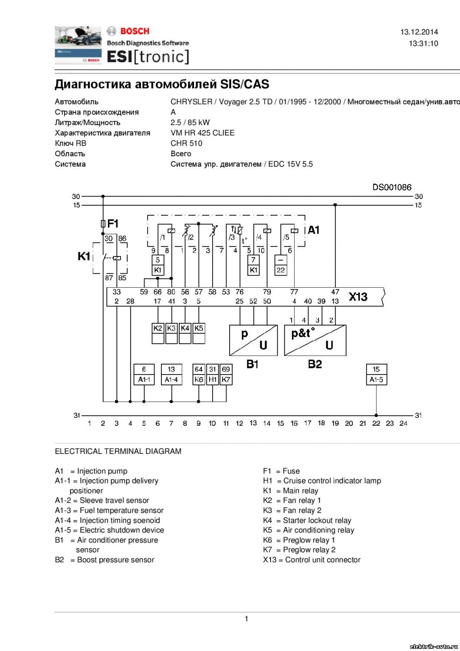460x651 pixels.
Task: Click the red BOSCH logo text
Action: (135, 31)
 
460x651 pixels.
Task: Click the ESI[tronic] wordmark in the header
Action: (148, 56)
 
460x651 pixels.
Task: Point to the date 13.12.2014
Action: (419, 32)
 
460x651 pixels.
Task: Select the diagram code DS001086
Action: (392, 187)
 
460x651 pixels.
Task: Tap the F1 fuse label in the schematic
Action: (113, 224)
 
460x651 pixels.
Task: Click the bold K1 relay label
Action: (84, 256)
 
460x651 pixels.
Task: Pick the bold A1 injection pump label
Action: (314, 230)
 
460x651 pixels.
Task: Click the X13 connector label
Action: (358, 297)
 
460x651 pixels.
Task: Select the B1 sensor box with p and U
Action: (253, 340)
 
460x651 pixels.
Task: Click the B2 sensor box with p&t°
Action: (315, 340)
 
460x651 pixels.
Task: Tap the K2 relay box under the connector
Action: (158, 333)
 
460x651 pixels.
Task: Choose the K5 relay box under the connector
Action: (199, 333)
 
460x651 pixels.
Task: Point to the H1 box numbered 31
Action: (213, 374)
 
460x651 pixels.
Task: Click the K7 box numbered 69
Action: (226, 374)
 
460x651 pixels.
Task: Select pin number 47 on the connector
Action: (335, 292)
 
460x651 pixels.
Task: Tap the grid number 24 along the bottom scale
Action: (403, 423)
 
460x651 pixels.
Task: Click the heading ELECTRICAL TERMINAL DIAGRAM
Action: (118, 451)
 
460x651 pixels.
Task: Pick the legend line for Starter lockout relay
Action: (307, 520)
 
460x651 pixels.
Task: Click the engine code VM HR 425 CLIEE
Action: (203, 133)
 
